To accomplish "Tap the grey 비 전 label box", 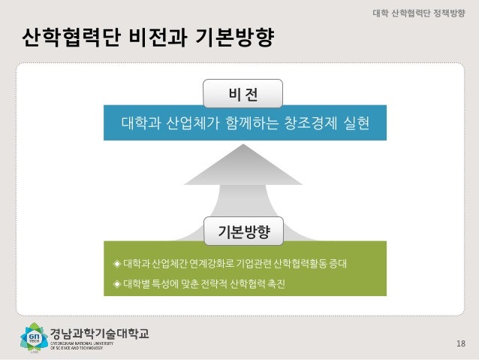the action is (243, 95).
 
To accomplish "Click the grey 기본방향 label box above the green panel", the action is (243, 230).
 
